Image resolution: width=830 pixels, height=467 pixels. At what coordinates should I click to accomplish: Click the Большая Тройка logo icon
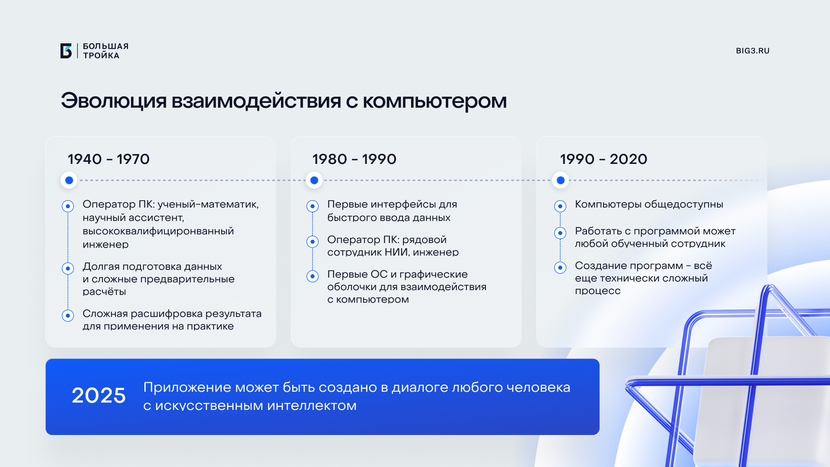[66, 51]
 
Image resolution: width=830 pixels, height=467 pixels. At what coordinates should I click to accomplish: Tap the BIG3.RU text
[753, 51]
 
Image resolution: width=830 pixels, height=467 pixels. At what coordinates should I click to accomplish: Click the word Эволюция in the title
[114, 101]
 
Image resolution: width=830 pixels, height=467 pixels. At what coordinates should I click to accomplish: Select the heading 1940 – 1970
[109, 159]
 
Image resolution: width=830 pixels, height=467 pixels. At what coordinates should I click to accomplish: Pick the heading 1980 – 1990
[354, 159]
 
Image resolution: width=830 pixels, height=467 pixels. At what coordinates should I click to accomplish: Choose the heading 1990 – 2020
[603, 159]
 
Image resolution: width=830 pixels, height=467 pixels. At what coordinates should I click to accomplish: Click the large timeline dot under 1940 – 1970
[69, 180]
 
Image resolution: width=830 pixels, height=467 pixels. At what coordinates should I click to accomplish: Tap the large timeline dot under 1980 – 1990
[314, 180]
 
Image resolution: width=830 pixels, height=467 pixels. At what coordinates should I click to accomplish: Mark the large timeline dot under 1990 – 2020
[561, 180]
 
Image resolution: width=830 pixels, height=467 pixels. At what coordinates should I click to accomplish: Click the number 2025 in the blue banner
[99, 395]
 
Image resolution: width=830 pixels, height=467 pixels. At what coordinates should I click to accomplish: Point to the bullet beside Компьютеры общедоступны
[560, 206]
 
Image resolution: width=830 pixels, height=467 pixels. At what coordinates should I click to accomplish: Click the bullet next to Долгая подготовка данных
[68, 269]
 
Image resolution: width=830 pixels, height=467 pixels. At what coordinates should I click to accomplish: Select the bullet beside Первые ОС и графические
[313, 276]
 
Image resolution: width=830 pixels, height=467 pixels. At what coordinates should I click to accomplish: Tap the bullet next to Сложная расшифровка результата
[68, 316]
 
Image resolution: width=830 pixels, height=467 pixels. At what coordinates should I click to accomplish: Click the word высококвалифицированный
[158, 231]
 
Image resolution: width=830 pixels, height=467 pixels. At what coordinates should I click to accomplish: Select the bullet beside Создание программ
[560, 268]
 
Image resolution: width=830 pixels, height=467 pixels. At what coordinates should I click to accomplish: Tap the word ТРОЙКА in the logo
[101, 55]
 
